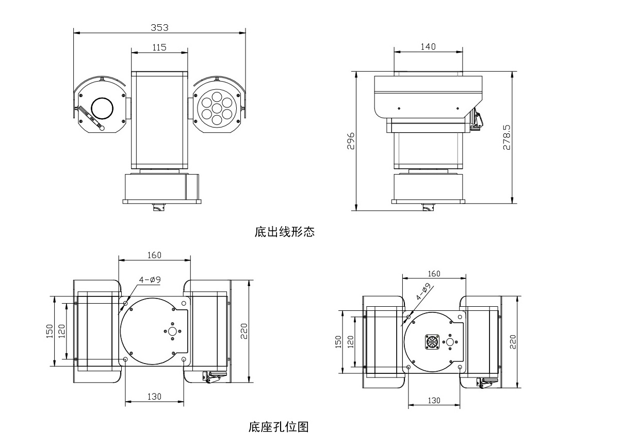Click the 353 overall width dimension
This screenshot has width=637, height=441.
click(159, 27)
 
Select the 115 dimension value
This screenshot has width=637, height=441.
click(159, 47)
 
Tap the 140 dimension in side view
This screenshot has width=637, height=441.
click(428, 46)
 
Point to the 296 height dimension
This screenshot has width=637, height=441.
click(350, 141)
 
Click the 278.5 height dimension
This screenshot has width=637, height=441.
click(507, 137)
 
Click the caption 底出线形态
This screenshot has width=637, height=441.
click(284, 232)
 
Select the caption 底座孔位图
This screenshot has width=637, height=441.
click(279, 427)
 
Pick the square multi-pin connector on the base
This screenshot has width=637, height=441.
click(432, 342)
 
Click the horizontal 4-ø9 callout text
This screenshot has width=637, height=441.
click(150, 280)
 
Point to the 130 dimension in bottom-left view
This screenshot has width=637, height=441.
click(154, 397)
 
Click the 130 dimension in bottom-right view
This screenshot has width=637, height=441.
click(434, 400)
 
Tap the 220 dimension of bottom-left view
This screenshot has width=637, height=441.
click(244, 331)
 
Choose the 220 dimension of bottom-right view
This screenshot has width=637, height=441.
click(513, 341)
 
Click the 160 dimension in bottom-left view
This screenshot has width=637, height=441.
click(154, 255)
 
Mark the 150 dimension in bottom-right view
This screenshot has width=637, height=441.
click(338, 341)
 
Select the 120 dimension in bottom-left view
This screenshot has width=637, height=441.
click(61, 331)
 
